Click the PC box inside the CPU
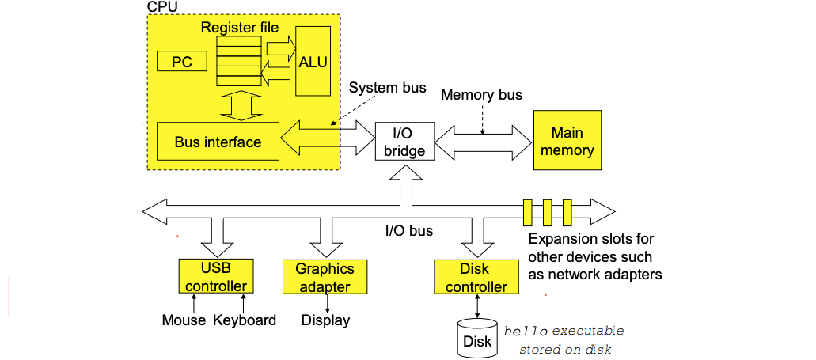(182, 62)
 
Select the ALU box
(312, 62)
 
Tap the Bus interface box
(218, 142)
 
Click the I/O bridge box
(404, 141)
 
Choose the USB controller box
(215, 277)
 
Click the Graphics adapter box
(325, 277)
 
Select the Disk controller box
(476, 278)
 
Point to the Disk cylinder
(476, 338)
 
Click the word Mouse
(184, 320)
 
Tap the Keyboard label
(245, 320)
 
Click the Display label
(325, 320)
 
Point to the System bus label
(387, 87)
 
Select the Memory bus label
(481, 95)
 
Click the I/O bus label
(408, 231)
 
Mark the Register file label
(239, 28)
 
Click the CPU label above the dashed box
(163, 6)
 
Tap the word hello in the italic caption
(526, 330)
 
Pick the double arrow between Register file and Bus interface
(239, 104)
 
